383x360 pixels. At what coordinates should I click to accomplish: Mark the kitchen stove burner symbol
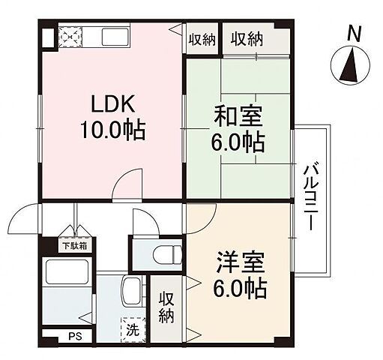70,36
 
